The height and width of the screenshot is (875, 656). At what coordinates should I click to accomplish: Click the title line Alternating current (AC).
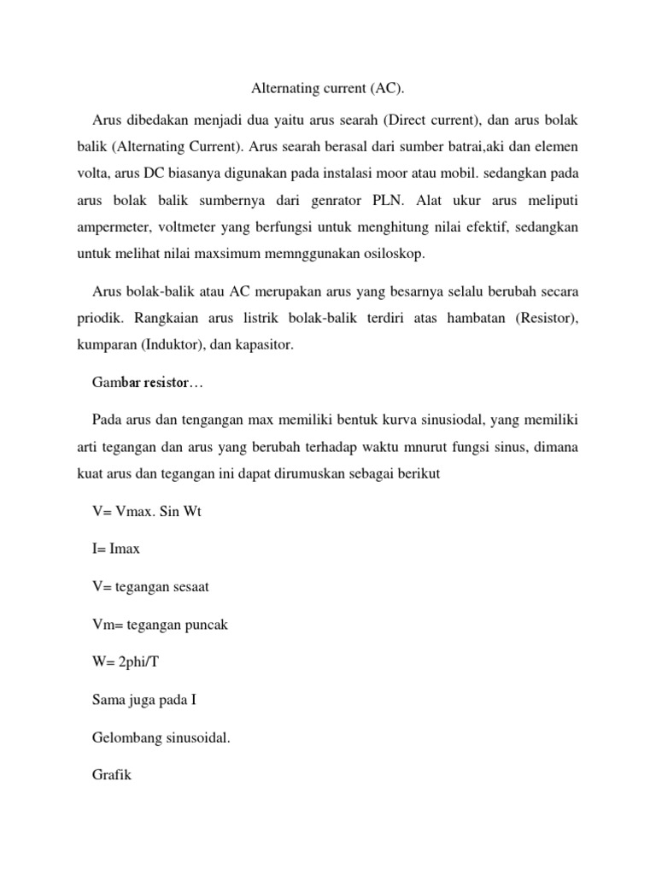pos(327,88)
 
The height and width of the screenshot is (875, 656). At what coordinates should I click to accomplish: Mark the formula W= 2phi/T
pos(126,663)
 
